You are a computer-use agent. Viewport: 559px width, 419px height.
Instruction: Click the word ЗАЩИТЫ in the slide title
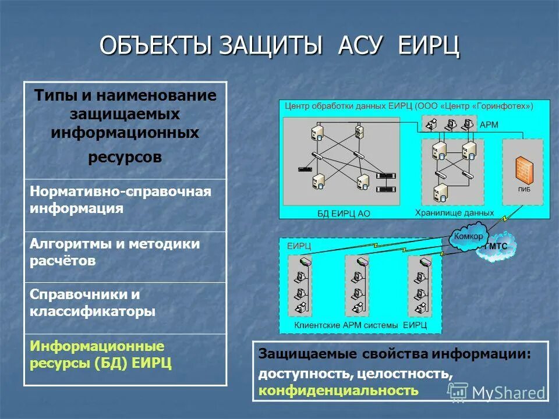[270, 46]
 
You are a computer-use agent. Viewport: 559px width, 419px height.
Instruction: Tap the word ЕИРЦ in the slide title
[429, 46]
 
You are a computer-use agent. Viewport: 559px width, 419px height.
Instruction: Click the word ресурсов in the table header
[125, 158]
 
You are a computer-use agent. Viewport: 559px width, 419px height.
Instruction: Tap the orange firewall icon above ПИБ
[523, 171]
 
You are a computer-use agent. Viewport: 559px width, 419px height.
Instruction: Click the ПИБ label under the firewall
[523, 189]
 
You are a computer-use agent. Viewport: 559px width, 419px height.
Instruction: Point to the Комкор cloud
[469, 237]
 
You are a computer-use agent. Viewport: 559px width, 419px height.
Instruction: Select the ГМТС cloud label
[496, 246]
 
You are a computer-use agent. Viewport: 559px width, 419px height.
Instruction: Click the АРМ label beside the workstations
[489, 125]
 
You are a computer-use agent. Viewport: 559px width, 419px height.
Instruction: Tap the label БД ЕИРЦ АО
[343, 213]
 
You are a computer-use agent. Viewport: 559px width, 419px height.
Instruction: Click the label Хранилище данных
[454, 212]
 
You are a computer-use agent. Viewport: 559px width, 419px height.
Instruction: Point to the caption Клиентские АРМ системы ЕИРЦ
[360, 325]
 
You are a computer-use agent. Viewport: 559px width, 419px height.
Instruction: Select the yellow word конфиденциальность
[338, 390]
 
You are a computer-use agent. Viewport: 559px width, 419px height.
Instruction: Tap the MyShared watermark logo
[498, 393]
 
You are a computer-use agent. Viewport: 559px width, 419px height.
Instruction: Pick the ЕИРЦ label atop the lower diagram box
[299, 246]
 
